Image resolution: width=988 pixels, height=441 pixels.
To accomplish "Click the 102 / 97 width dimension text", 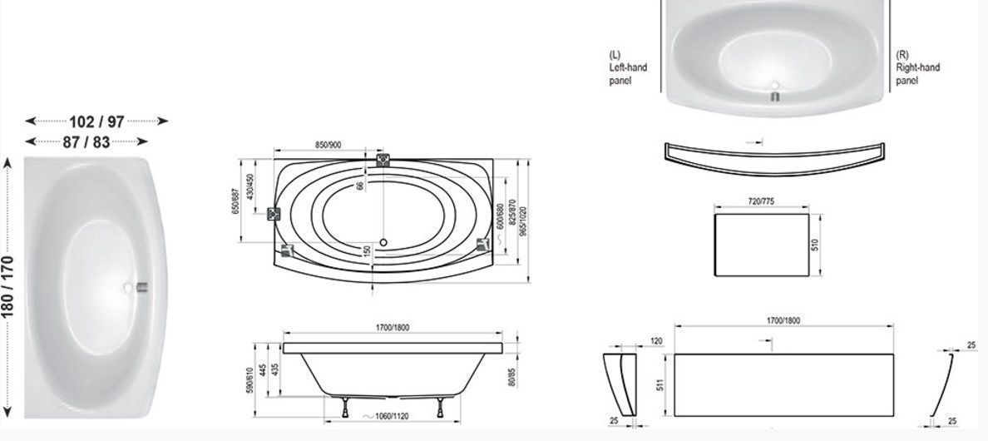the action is [x=96, y=121].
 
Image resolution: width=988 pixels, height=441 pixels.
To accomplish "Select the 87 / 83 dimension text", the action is [x=86, y=141].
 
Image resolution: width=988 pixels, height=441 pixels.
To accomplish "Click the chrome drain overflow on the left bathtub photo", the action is [x=141, y=288].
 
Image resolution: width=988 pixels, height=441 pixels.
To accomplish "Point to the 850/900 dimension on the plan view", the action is [x=329, y=145].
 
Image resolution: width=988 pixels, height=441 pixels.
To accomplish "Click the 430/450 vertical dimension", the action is [x=250, y=187].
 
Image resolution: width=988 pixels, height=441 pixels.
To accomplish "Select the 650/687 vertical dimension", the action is [x=235, y=201].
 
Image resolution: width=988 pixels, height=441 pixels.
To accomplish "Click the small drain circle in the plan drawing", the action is [x=383, y=242].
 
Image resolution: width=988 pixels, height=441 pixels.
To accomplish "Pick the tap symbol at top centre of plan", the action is [x=383, y=160].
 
